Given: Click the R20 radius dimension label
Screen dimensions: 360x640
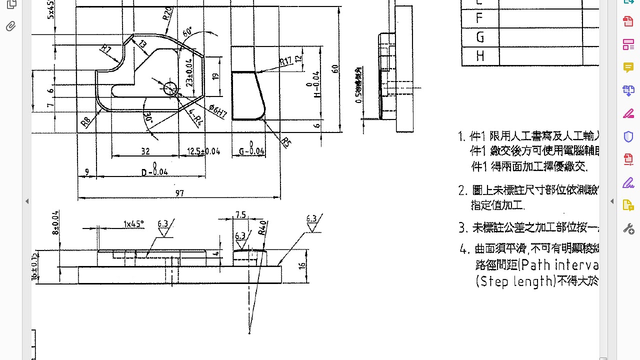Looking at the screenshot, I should tap(168, 13).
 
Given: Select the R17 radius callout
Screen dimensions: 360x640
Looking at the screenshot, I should tap(285, 61).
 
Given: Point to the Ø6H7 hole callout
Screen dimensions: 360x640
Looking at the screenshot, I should tap(218, 111).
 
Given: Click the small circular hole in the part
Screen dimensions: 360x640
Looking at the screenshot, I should tap(170, 88).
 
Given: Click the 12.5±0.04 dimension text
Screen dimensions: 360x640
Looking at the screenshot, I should tap(203, 151).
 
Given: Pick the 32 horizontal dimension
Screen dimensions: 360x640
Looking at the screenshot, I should tap(145, 151).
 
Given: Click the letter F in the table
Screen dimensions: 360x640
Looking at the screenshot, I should tap(479, 18).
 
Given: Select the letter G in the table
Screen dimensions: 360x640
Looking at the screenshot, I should tap(480, 37).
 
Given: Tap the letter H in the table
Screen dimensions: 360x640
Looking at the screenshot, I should tap(480, 56).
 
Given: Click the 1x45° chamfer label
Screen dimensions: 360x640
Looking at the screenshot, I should tap(133, 223).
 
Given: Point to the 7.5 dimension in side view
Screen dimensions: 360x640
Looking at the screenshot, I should tap(240, 214).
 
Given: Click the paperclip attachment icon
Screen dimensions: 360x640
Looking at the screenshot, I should tap(11, 26).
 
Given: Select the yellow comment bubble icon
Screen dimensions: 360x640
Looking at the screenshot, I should tap(628, 67).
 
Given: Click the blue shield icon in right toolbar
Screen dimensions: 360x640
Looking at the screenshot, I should tap(628, 136).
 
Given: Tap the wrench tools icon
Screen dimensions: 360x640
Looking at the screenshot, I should tap(628, 228).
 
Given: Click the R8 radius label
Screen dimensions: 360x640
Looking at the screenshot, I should tap(86, 121).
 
